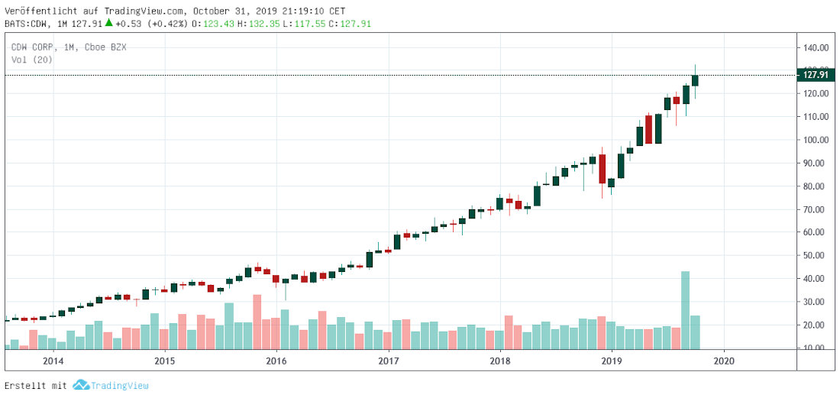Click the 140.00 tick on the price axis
816,47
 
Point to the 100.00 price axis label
816,140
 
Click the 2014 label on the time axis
53,361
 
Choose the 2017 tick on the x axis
389,361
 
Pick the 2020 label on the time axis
724,361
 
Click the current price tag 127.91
814,74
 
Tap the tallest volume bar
685,309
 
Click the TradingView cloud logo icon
81,385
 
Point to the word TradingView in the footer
121,386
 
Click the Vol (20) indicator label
31,59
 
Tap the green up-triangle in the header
109,23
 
